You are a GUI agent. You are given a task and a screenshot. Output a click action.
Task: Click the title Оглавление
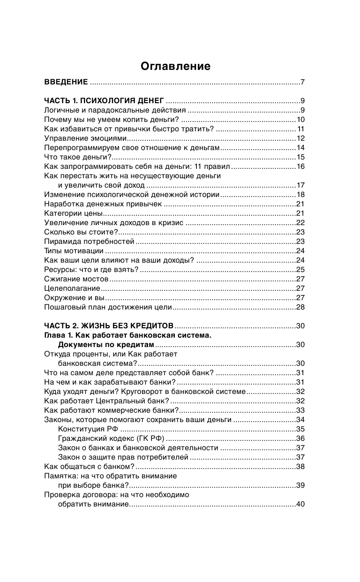pyautogui.click(x=175, y=67)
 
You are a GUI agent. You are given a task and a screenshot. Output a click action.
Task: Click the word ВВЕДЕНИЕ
pyautogui.click(x=66, y=83)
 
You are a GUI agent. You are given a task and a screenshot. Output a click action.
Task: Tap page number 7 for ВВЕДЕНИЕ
pyautogui.click(x=303, y=83)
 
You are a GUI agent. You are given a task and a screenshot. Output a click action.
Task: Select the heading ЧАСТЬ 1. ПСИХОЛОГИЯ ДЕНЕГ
pyautogui.click(x=104, y=101)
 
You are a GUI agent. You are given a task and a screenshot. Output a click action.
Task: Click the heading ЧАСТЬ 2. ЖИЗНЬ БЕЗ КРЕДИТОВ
pyautogui.click(x=109, y=326)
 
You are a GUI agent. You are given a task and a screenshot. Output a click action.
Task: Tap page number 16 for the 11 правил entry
pyautogui.click(x=300, y=166)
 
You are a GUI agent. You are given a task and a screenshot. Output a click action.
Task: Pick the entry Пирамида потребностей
pyautogui.click(x=89, y=242)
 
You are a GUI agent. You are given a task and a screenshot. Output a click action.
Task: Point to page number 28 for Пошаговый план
pyautogui.click(x=300, y=307)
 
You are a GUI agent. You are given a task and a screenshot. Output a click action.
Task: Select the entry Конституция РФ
pyautogui.click(x=88, y=429)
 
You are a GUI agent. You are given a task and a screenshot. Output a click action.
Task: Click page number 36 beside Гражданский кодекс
pyautogui.click(x=300, y=438)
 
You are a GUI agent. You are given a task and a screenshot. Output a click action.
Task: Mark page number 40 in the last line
pyautogui.click(x=300, y=504)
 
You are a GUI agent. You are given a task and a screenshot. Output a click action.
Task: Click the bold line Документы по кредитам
pyautogui.click(x=106, y=345)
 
